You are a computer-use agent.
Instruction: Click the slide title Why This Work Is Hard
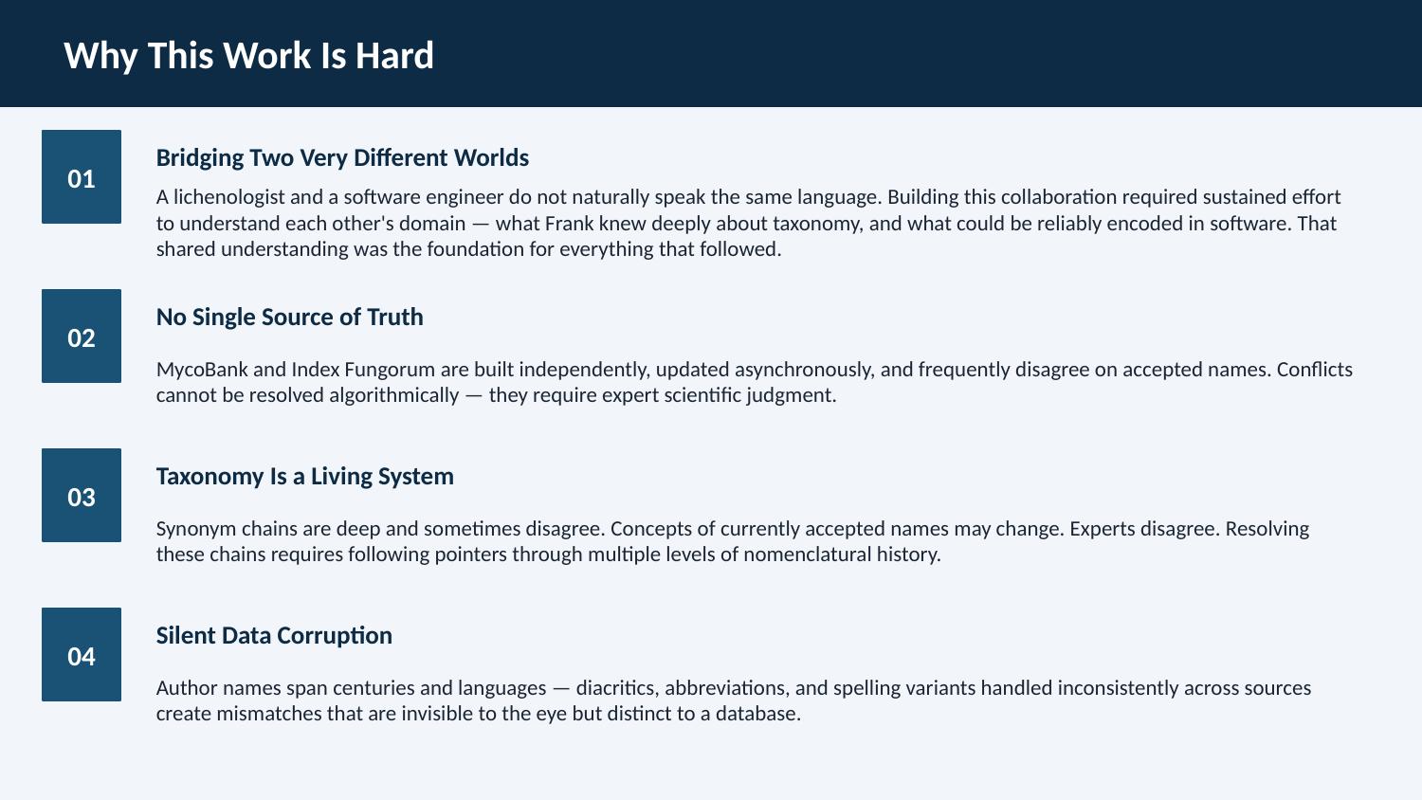248,56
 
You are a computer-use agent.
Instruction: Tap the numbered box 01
82,176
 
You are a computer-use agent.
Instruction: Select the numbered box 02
82,336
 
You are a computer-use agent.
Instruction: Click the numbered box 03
82,495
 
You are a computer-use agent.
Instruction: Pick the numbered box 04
82,655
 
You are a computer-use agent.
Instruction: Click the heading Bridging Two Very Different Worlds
342,158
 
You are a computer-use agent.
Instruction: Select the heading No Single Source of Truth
289,318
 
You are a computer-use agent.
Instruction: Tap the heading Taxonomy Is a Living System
304,477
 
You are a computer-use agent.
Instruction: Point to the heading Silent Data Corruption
274,636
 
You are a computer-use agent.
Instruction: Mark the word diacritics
618,688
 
